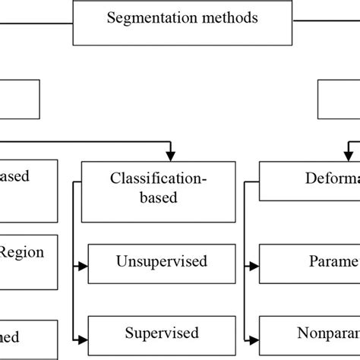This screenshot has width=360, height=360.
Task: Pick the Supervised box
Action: point(160,334)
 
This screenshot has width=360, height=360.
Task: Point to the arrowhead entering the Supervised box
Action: point(82,338)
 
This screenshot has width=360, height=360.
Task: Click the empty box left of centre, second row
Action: point(19,99)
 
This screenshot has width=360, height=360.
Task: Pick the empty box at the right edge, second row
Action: point(341,99)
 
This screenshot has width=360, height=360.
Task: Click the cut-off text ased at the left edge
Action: point(15,176)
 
